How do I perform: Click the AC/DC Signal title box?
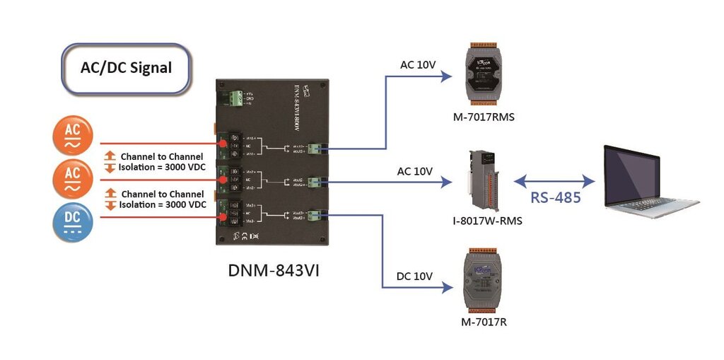tap(127, 69)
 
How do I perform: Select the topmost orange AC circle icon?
tap(73, 135)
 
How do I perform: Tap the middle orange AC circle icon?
tap(73, 178)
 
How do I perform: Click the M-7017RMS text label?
tap(483, 117)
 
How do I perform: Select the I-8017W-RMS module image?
tap(482, 180)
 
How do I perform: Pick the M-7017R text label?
tap(484, 323)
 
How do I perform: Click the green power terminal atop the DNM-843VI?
tap(234, 98)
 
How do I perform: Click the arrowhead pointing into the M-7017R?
tap(447, 287)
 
